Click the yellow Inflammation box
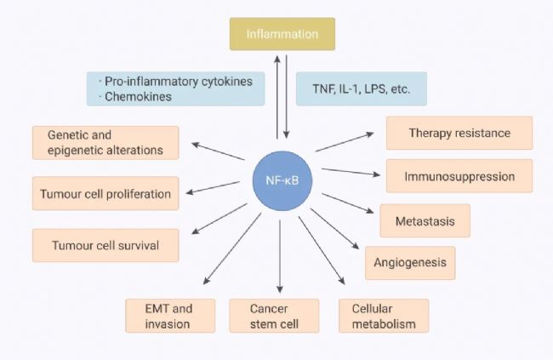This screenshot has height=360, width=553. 282,34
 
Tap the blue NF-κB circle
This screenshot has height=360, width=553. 282,180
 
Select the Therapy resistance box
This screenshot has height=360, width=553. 459,133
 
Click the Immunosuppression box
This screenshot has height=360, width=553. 459,176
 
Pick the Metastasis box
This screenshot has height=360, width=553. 425,220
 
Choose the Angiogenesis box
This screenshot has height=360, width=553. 410,263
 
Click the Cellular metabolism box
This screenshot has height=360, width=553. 384,316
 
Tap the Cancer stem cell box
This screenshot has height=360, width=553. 274,316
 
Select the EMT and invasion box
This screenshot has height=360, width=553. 170,316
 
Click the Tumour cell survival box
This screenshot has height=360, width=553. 105,245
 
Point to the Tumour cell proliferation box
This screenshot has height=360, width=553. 105,193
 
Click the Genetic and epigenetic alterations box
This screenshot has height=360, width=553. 105,143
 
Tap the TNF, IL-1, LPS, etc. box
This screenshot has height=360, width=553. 362,89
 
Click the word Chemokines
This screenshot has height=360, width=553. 138,96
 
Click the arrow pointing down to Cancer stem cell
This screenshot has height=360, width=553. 280,256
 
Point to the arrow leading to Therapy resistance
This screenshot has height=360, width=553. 345,142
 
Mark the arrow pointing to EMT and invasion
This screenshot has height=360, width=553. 232,249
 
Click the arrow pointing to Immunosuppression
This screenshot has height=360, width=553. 351,172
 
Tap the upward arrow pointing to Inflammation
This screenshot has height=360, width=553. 277,97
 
